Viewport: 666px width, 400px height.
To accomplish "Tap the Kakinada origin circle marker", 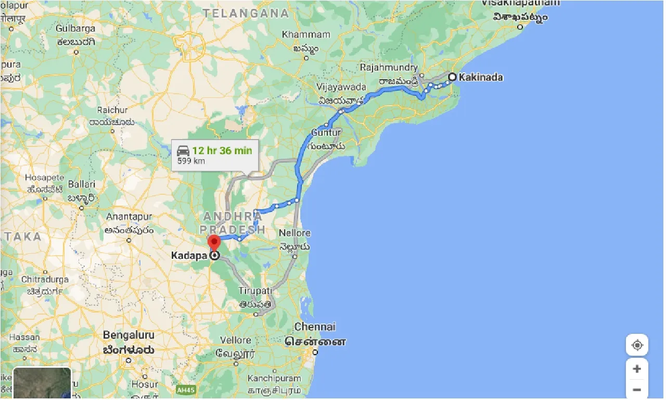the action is pyautogui.click(x=452, y=77).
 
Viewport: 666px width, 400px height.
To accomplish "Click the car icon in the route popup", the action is pyautogui.click(x=183, y=151).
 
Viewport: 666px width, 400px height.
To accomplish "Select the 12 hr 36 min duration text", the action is pyautogui.click(x=222, y=151).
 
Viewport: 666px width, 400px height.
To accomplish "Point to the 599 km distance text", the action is pyautogui.click(x=191, y=161).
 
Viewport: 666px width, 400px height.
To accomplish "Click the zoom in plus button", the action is pyautogui.click(x=637, y=369).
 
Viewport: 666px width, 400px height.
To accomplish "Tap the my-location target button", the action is pyautogui.click(x=637, y=345).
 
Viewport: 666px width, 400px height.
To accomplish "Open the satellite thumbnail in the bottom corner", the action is pyautogui.click(x=42, y=384).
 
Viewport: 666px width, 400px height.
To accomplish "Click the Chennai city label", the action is pyautogui.click(x=315, y=327).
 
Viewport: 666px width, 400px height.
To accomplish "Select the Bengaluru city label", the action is pyautogui.click(x=128, y=335).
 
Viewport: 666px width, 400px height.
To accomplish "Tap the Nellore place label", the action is pyautogui.click(x=294, y=233).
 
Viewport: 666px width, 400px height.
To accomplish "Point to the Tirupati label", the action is pyautogui.click(x=255, y=290).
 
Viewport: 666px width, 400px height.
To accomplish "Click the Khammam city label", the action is pyautogui.click(x=306, y=34).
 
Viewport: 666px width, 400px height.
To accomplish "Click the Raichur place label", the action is pyautogui.click(x=112, y=110).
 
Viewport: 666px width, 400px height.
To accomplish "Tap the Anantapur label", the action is pyautogui.click(x=129, y=217).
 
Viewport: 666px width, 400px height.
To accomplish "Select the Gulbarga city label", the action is pyautogui.click(x=76, y=28).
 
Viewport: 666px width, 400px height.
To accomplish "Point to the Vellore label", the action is pyautogui.click(x=236, y=340).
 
